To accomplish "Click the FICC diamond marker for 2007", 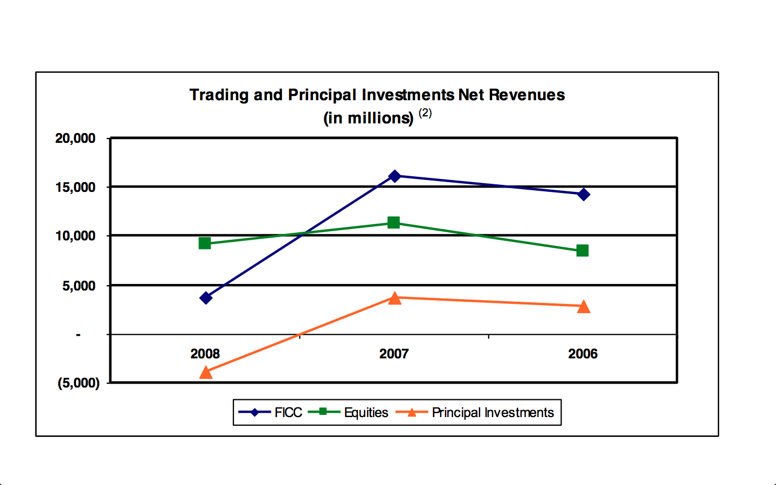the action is [394, 176].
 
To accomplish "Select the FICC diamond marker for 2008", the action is [206, 298].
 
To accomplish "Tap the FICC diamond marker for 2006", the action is [584, 195].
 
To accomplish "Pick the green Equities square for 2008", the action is [205, 243].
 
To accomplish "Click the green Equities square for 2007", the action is [393, 223].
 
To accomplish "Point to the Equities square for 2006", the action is [583, 251].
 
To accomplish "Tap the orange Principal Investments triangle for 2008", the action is [206, 372].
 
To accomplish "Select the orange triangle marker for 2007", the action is [394, 298].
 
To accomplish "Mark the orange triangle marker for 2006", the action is [584, 307].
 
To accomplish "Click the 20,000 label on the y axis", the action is [75, 138].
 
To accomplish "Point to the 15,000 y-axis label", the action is [75, 188].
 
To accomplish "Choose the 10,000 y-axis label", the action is [75, 236].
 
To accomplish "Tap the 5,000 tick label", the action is [79, 286].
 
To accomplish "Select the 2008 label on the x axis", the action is [205, 354].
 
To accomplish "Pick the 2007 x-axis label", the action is [394, 354].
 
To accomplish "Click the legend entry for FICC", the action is [270, 412].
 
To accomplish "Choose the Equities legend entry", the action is [348, 412].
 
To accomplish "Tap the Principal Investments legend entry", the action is [475, 412].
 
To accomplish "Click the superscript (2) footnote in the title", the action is [425, 113].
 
